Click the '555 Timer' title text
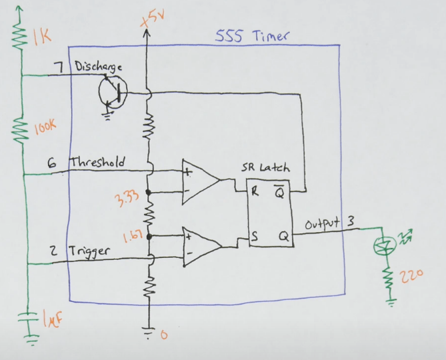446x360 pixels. [x=252, y=35]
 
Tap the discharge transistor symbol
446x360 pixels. [x=111, y=91]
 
